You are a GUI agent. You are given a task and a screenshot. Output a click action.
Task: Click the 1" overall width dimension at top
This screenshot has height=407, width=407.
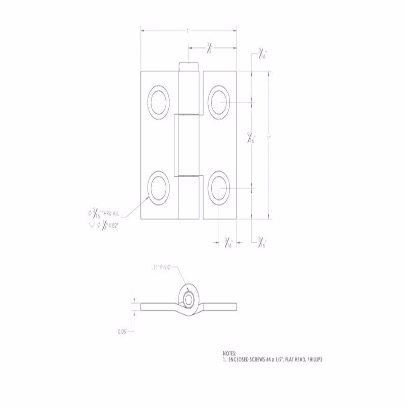point(188,31)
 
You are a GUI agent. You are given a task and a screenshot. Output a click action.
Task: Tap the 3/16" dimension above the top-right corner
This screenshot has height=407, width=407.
point(262,54)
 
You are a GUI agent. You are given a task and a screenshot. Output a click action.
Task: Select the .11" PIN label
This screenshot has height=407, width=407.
point(162,267)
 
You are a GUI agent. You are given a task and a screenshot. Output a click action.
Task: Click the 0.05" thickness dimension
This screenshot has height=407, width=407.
point(122,331)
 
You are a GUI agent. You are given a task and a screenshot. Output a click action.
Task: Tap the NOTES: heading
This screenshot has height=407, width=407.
point(230,353)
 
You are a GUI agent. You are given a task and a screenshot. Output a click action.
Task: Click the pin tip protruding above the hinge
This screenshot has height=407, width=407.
point(188,67)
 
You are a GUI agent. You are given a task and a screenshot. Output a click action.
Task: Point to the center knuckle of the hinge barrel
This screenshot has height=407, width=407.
point(188,144)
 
